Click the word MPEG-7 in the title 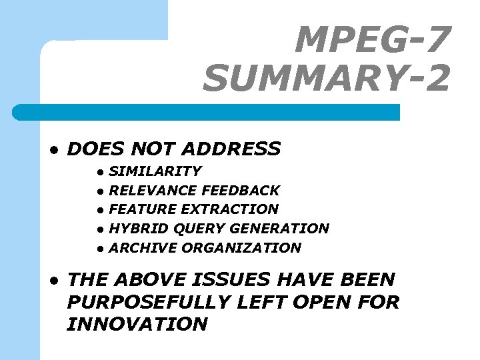point(373,40)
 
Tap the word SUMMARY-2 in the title point(327,79)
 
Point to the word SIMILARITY point(155,171)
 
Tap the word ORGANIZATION point(241,248)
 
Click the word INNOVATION point(137,325)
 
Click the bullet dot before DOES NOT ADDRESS point(53,149)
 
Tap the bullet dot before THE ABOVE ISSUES point(53,280)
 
